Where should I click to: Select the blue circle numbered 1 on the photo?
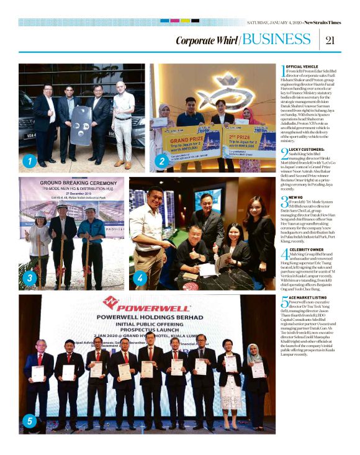[28, 163]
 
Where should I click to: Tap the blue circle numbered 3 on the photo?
[28, 279]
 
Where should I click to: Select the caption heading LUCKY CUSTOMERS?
[307, 150]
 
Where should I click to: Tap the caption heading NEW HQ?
[295, 197]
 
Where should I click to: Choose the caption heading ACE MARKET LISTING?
[309, 299]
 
